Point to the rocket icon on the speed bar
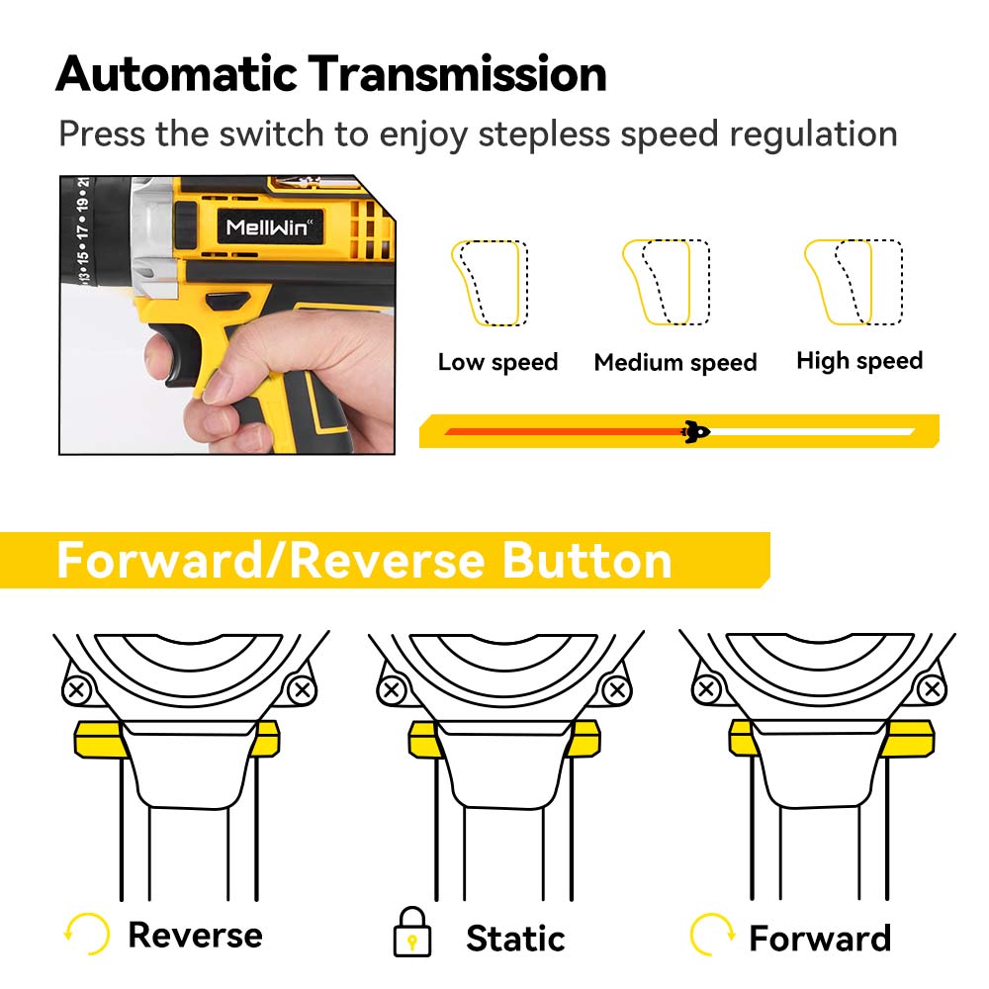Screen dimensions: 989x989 696,430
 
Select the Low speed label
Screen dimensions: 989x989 497,362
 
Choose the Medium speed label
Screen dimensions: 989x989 675,362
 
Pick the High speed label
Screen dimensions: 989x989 859,361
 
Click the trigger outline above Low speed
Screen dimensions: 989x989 487,283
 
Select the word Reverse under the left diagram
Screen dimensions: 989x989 195,935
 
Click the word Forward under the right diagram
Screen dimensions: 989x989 820,937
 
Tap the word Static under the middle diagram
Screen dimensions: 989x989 514,937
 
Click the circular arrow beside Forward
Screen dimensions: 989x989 712,933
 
